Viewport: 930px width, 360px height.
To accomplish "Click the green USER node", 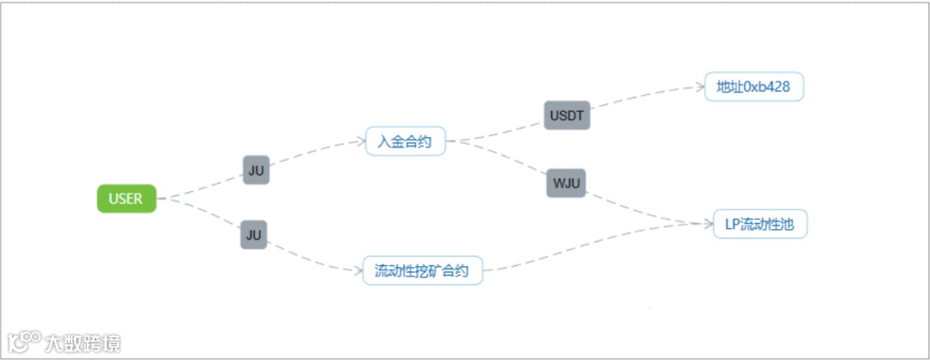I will pos(126,198).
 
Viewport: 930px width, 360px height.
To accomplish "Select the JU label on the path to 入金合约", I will pos(256,171).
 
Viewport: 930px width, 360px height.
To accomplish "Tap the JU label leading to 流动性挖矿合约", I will pos(253,234).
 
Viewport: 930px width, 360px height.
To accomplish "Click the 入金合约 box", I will pos(406,140).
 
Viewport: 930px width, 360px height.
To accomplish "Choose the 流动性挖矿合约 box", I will pos(422,270).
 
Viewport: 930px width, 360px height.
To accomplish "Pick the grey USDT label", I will pos(567,115).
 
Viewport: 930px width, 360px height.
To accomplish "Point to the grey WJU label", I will pos(566,183).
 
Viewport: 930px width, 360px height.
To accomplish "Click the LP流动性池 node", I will pos(760,224).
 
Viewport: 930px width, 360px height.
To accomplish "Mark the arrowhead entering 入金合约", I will pos(359,140).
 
